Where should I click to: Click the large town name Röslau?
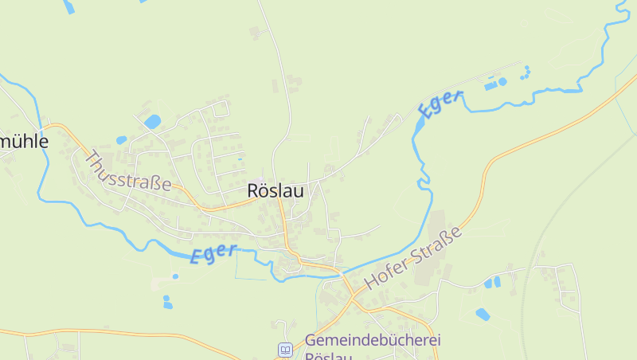[275, 191]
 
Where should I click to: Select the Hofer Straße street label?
[412, 259]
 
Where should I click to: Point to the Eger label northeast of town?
[440, 104]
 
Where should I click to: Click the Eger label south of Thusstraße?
[213, 253]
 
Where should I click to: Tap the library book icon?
[285, 349]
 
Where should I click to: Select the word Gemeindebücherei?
[372, 340]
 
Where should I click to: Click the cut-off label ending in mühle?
[24, 142]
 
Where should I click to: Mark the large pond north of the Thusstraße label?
[152, 121]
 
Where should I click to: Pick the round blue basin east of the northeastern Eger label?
[502, 81]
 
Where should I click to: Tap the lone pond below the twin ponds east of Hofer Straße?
[483, 314]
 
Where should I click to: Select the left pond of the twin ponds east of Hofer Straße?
[488, 283]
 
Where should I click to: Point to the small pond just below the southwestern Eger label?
[175, 276]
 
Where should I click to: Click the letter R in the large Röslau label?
[253, 191]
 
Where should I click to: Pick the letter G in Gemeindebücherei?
[311, 340]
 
